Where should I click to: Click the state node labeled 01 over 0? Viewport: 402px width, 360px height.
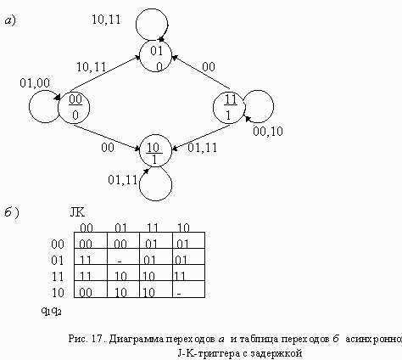[x=155, y=56]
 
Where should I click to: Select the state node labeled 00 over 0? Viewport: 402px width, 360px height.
[x=74, y=108]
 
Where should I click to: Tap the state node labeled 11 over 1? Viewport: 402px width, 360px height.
[x=229, y=108]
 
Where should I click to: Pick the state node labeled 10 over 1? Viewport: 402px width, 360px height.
[x=155, y=151]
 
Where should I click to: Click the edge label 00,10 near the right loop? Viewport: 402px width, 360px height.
[x=268, y=132]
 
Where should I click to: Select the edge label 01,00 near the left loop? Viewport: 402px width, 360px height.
[x=35, y=83]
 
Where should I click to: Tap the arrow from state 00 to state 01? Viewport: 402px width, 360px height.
[x=106, y=71]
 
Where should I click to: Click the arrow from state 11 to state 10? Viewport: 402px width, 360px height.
[x=201, y=137]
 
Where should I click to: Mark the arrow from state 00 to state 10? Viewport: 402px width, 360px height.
[x=107, y=137]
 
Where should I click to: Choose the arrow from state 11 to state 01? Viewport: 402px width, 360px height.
[x=201, y=72]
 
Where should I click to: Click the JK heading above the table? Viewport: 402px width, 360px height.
[x=77, y=212]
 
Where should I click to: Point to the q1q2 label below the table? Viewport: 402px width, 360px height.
[x=52, y=311]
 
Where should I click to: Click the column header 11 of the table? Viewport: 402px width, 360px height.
[x=153, y=228]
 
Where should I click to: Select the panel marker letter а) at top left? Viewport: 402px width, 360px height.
[x=10, y=20]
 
